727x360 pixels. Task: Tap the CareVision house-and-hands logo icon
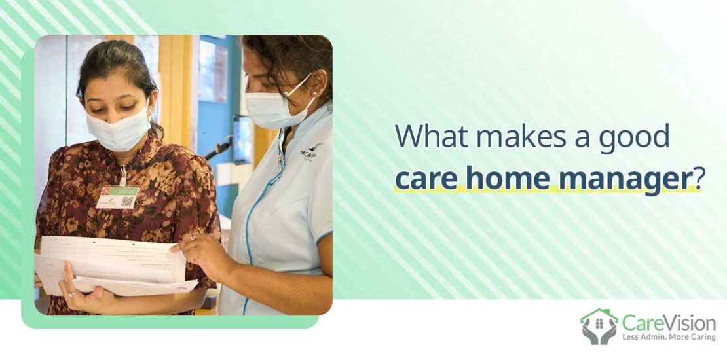click(x=599, y=326)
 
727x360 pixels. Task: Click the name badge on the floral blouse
click(x=117, y=197)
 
